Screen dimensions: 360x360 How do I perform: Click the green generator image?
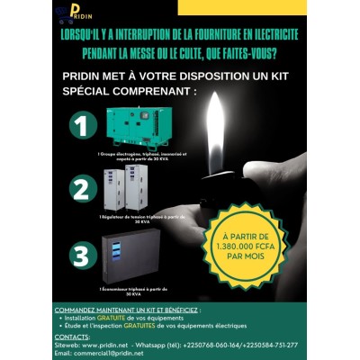pyautogui.click(x=134, y=127)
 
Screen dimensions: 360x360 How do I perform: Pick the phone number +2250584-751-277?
pyautogui.click(x=270, y=344)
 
